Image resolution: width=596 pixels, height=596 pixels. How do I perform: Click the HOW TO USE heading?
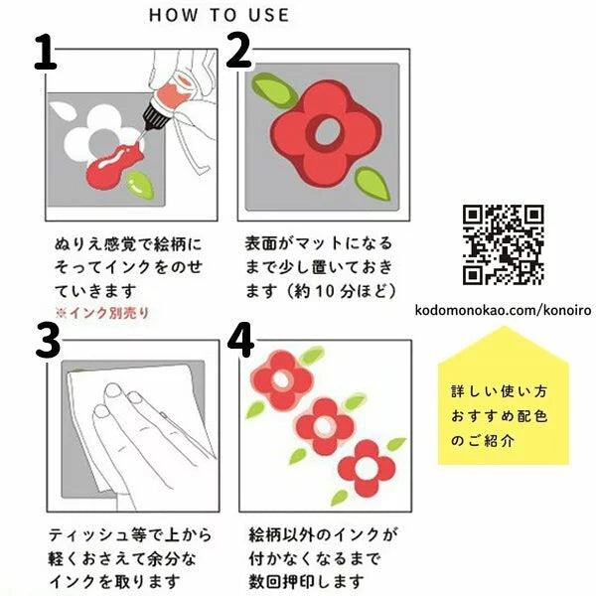click(219, 15)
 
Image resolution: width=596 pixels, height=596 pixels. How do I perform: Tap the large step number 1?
click(46, 52)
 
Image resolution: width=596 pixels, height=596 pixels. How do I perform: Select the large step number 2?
click(238, 51)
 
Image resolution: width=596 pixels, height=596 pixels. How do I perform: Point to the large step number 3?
click(49, 341)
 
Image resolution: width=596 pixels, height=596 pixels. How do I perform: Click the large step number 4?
click(240, 340)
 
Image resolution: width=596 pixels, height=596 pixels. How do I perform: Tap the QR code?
click(504, 244)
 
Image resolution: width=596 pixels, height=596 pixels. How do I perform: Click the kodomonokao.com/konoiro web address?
click(503, 310)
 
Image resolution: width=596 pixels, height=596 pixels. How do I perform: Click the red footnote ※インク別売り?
click(102, 313)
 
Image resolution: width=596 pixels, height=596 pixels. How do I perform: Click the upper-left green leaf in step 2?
click(274, 89)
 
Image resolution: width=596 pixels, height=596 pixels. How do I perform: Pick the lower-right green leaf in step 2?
click(372, 185)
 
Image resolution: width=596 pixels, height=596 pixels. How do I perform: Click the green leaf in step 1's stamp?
click(140, 185)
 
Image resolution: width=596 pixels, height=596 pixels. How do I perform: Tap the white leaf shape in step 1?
click(63, 111)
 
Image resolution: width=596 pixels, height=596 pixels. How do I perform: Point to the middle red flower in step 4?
click(324, 426)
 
